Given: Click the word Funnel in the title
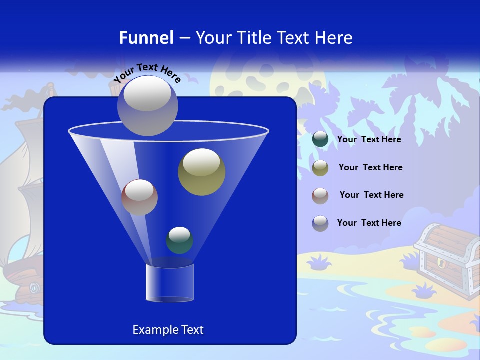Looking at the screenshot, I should point(146,38).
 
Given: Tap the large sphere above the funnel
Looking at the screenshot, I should point(148,105).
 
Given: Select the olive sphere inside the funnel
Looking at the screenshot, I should point(201,172).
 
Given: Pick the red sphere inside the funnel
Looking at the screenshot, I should point(139,197).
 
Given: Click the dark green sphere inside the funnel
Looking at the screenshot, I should point(179,240).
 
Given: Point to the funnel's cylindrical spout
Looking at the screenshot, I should point(170,283).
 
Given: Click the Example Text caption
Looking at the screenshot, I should point(168,330).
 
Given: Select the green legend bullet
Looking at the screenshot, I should point(320,139).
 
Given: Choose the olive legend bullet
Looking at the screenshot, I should point(320,168).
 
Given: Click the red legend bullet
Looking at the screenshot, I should point(320,195).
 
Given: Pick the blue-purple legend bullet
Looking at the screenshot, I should point(320,223).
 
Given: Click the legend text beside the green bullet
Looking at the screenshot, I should point(369,140).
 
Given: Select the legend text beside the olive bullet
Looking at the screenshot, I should point(370,168).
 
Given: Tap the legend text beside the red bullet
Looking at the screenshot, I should point(371,195).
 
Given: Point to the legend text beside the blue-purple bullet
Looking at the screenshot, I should point(369,223).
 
